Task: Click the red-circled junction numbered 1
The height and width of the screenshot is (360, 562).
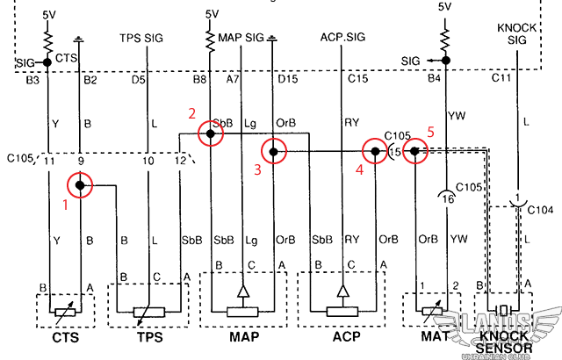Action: click(80, 185)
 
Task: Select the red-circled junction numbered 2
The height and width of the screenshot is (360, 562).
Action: click(210, 133)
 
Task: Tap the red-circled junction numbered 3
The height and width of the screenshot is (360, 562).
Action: click(274, 152)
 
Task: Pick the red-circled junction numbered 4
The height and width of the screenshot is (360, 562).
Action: click(376, 152)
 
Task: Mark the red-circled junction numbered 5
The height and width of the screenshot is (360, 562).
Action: click(415, 152)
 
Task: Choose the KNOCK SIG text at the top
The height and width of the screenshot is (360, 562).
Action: click(516, 33)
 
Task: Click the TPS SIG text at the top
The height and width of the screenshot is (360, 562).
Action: click(141, 38)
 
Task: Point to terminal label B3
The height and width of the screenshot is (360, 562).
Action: click(33, 80)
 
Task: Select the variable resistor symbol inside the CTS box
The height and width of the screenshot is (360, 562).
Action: click(59, 312)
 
